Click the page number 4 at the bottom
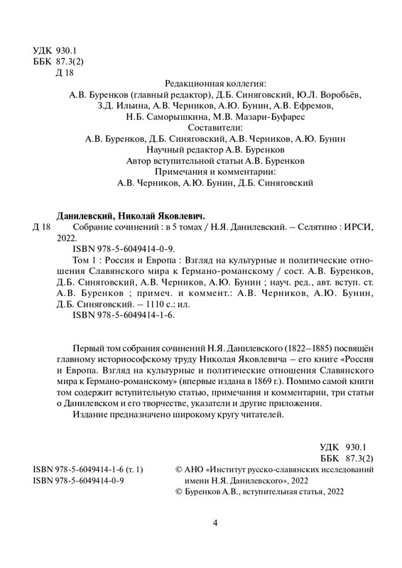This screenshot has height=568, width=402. [x=214, y=524]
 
